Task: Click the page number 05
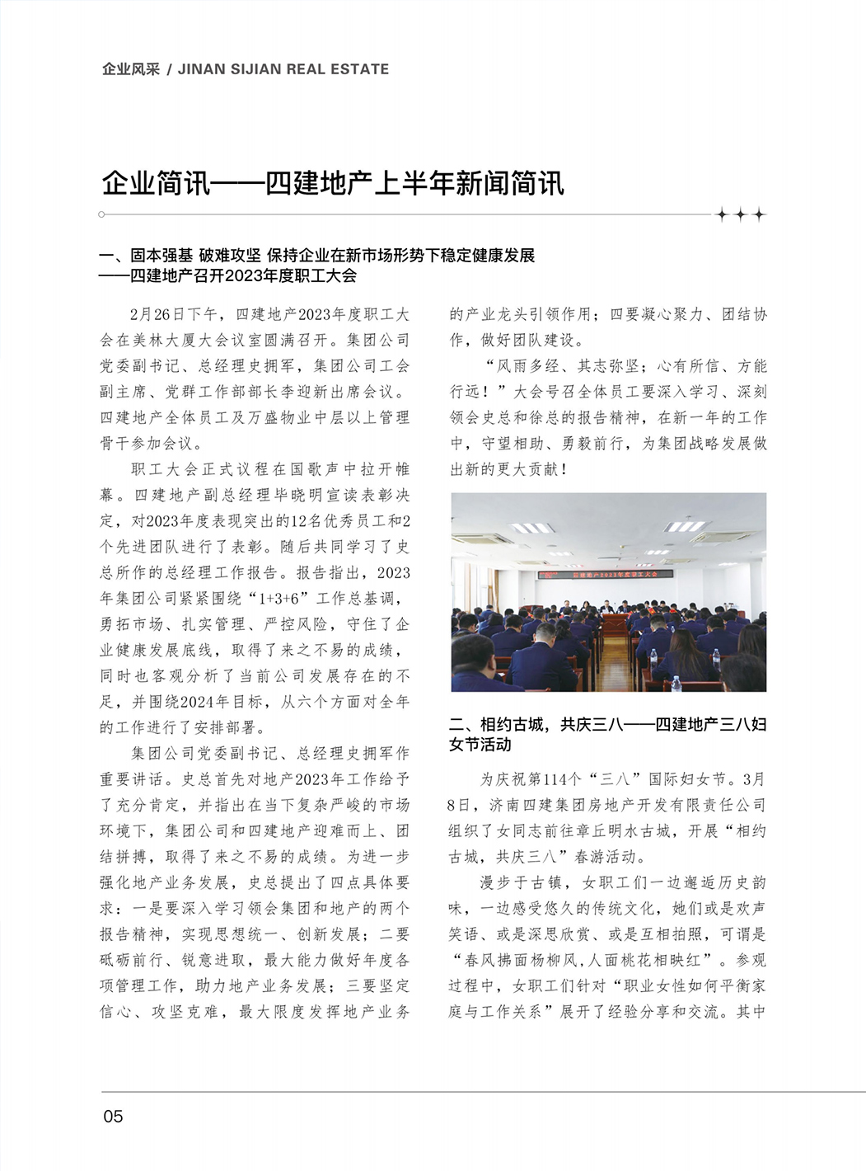113,1117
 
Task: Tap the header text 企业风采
130,69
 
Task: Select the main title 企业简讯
157,183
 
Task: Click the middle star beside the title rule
740,215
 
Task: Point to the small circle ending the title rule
101,214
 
